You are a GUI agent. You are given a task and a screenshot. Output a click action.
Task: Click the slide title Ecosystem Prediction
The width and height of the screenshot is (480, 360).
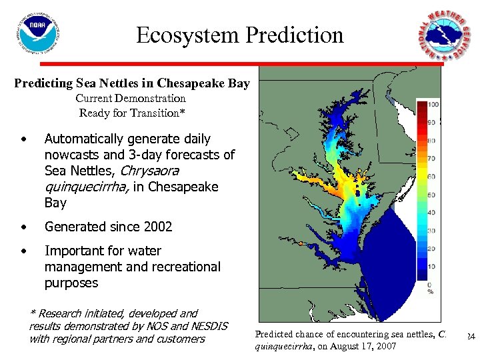point(240,35)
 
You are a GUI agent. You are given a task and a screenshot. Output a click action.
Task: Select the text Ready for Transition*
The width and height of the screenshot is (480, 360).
point(131,113)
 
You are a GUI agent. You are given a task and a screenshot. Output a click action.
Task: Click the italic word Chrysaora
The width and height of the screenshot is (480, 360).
point(149,171)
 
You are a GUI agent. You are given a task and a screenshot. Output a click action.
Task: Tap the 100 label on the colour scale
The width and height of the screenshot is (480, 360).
point(433,105)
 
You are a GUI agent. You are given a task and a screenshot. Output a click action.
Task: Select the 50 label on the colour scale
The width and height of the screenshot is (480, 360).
point(431,195)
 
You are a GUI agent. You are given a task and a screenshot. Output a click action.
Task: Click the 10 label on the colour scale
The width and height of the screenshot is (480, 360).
point(431,267)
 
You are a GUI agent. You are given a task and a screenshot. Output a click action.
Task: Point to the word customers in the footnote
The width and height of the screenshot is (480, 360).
point(179,339)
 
